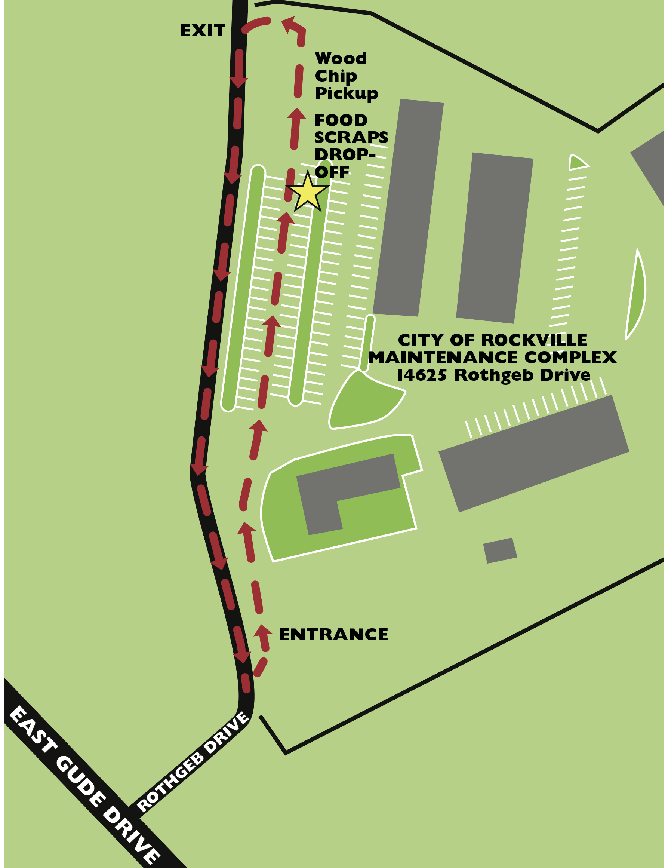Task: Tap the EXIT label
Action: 203,31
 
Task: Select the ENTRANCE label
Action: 333,634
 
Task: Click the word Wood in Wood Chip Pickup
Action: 341,59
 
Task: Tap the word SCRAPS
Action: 351,137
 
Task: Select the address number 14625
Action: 422,375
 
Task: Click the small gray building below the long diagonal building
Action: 500,550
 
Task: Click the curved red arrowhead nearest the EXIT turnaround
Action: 289,24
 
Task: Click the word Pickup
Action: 347,93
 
